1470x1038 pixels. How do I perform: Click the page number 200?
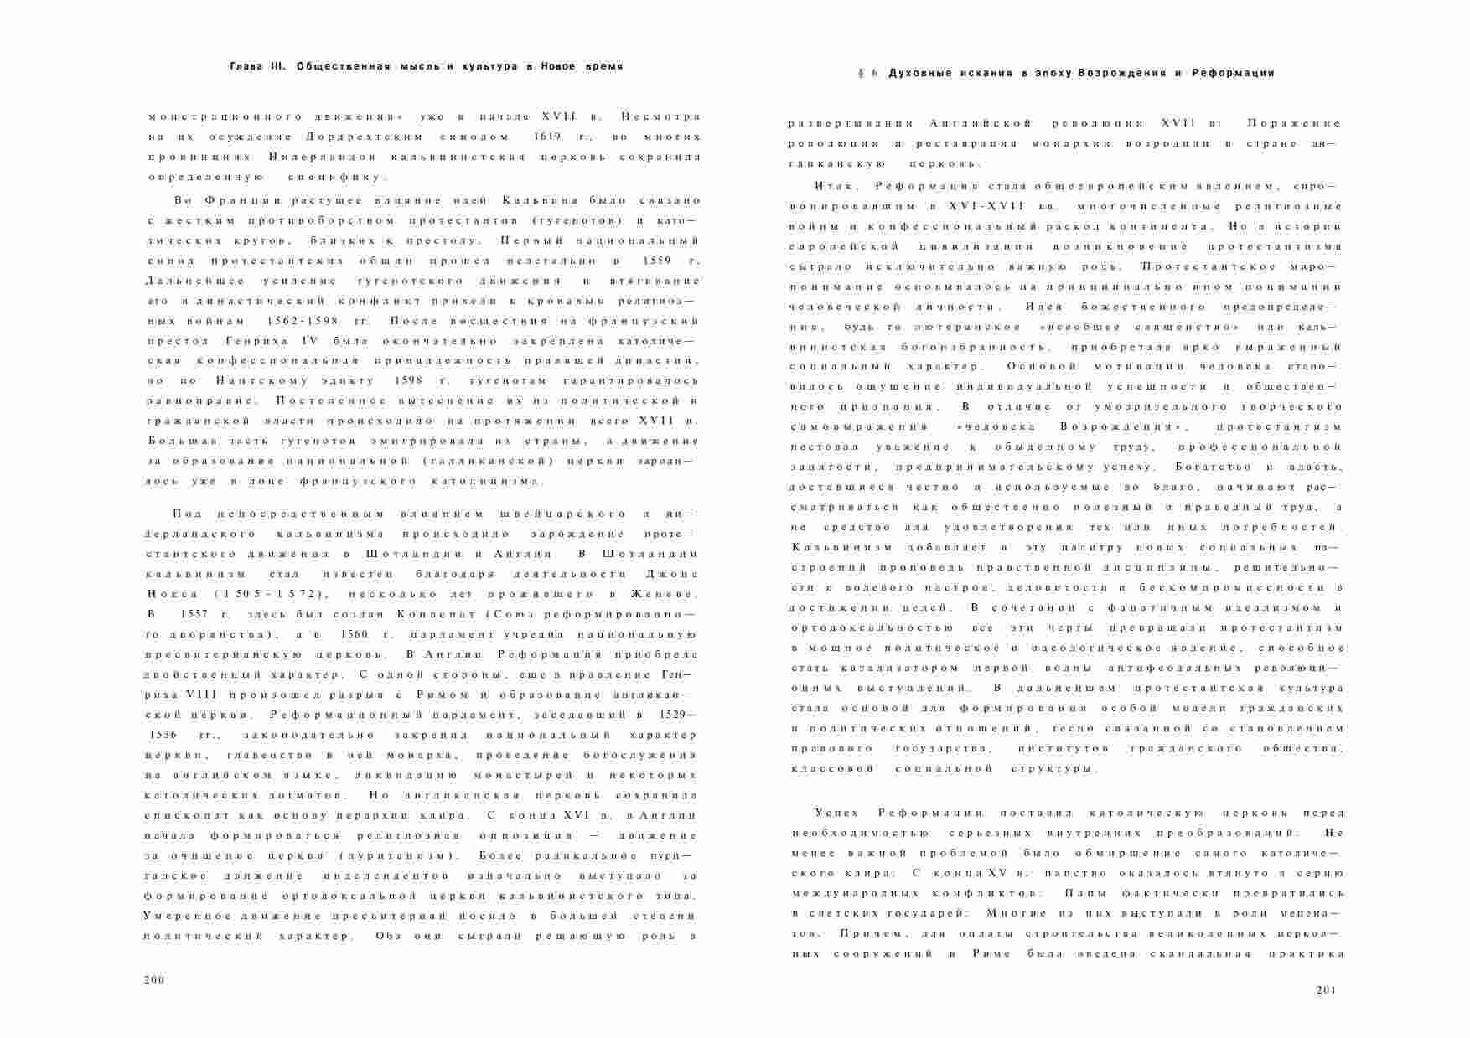[155, 979]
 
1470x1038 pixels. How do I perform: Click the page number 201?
[1327, 989]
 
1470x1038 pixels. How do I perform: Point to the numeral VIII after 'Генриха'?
[189, 695]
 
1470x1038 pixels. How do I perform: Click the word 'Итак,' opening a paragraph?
[832, 185]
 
